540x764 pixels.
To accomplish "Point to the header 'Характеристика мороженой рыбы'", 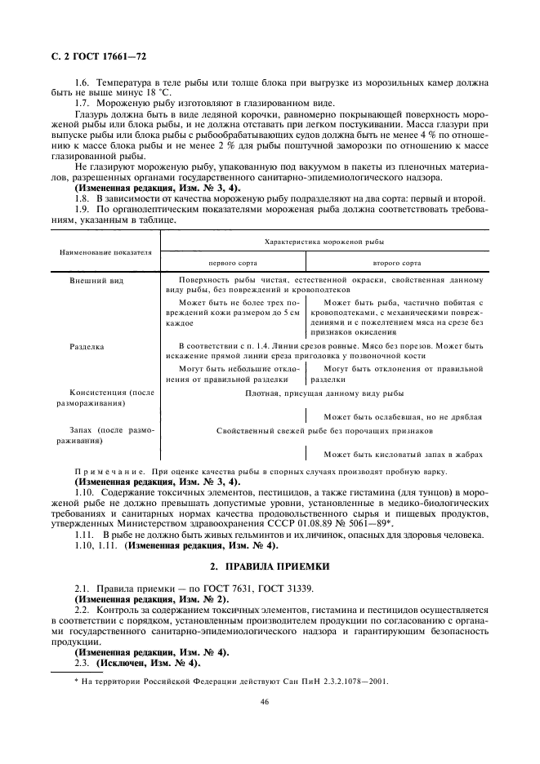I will [324, 242].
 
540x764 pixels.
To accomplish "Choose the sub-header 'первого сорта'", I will [232, 264].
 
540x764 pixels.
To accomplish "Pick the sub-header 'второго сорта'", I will [397, 264].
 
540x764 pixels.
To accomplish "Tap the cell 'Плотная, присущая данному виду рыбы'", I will [324, 393].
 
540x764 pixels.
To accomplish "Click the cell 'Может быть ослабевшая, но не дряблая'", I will [402, 416].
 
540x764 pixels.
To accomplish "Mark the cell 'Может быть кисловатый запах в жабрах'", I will [402, 454].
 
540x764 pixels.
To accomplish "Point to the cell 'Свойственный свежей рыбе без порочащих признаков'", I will [324, 430].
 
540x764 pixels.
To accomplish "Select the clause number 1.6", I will [82, 84].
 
